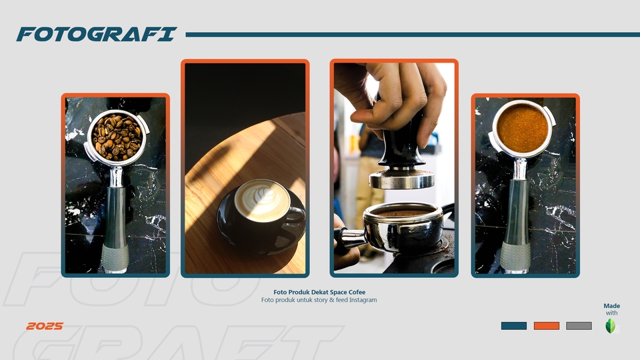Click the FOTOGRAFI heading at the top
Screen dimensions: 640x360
97,34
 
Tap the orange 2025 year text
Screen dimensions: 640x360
45,326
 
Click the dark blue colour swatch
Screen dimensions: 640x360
514,326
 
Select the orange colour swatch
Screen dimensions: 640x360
547,326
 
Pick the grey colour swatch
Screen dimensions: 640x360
579,326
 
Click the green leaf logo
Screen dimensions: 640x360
611,326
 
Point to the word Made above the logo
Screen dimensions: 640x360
612,306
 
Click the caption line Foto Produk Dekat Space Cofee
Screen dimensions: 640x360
319,292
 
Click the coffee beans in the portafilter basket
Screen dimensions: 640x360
117,137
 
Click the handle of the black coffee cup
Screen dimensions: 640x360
297,215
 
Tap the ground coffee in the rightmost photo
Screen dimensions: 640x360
523,127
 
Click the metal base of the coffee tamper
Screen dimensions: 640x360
401,179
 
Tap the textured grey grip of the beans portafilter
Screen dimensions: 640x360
115,257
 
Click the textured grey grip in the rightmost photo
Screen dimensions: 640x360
515,256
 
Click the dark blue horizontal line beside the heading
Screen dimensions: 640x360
413,35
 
